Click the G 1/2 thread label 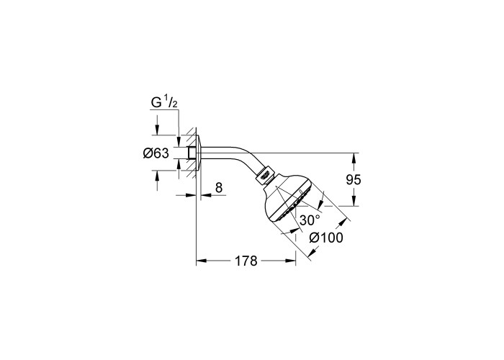[x=164, y=102]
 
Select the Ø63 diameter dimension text [x=156, y=153]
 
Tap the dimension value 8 [x=219, y=187]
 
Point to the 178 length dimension [x=246, y=261]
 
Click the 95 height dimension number [x=354, y=180]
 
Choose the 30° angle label [x=310, y=220]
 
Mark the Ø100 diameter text [x=326, y=238]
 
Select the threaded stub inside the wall [x=192, y=153]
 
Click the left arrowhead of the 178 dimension [x=201, y=261]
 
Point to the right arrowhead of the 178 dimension [x=291, y=261]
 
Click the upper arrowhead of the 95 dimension [x=354, y=158]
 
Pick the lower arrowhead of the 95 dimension [x=354, y=201]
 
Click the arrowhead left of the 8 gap [x=192, y=195]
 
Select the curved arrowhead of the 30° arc [x=320, y=204]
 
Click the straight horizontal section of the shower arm [x=225, y=153]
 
